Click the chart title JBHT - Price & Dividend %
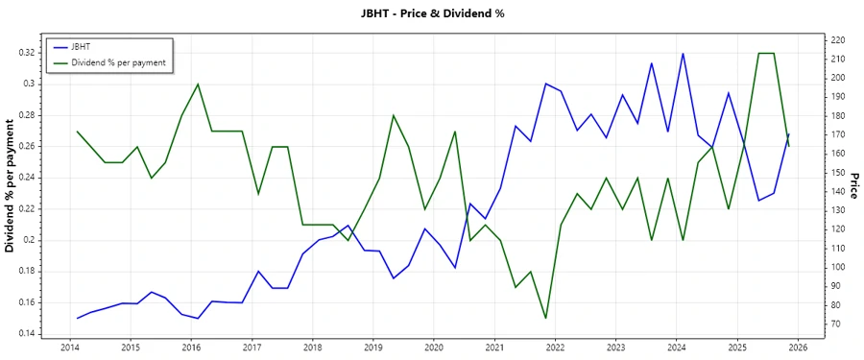point(431,13)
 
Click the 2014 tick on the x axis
point(70,347)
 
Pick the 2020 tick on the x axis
point(434,347)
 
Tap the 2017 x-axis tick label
point(252,347)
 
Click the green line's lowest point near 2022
point(545,318)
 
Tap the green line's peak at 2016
point(198,84)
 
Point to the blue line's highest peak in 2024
point(683,54)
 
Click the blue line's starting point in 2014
point(77,318)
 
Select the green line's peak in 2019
point(394,115)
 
